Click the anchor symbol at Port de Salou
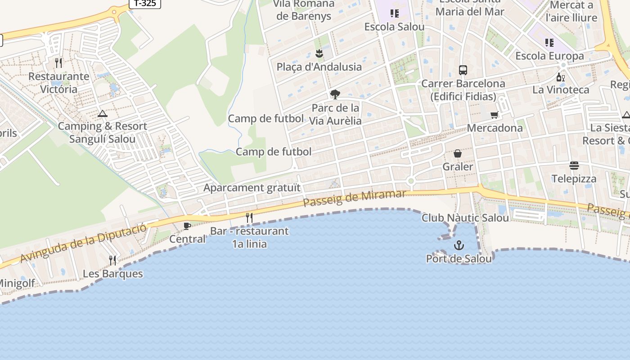click(x=459, y=245)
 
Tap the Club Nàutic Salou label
click(x=465, y=218)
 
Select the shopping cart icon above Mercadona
click(x=495, y=115)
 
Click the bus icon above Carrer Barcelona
click(x=463, y=70)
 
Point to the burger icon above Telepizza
click(x=574, y=166)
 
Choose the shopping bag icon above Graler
click(x=458, y=154)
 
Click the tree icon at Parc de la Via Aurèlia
click(x=335, y=94)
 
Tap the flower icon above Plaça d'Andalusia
click(x=319, y=54)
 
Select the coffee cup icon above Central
click(x=187, y=226)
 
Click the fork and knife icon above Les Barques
click(x=112, y=260)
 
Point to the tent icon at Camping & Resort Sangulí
click(x=103, y=113)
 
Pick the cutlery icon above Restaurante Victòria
click(x=58, y=63)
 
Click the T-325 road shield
click(x=145, y=3)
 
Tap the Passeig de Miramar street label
click(x=355, y=198)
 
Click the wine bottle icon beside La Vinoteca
click(x=561, y=77)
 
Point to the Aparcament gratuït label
click(x=252, y=188)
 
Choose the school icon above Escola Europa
click(x=549, y=43)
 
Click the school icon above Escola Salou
click(x=395, y=13)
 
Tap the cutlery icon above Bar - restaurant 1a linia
click(x=249, y=218)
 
